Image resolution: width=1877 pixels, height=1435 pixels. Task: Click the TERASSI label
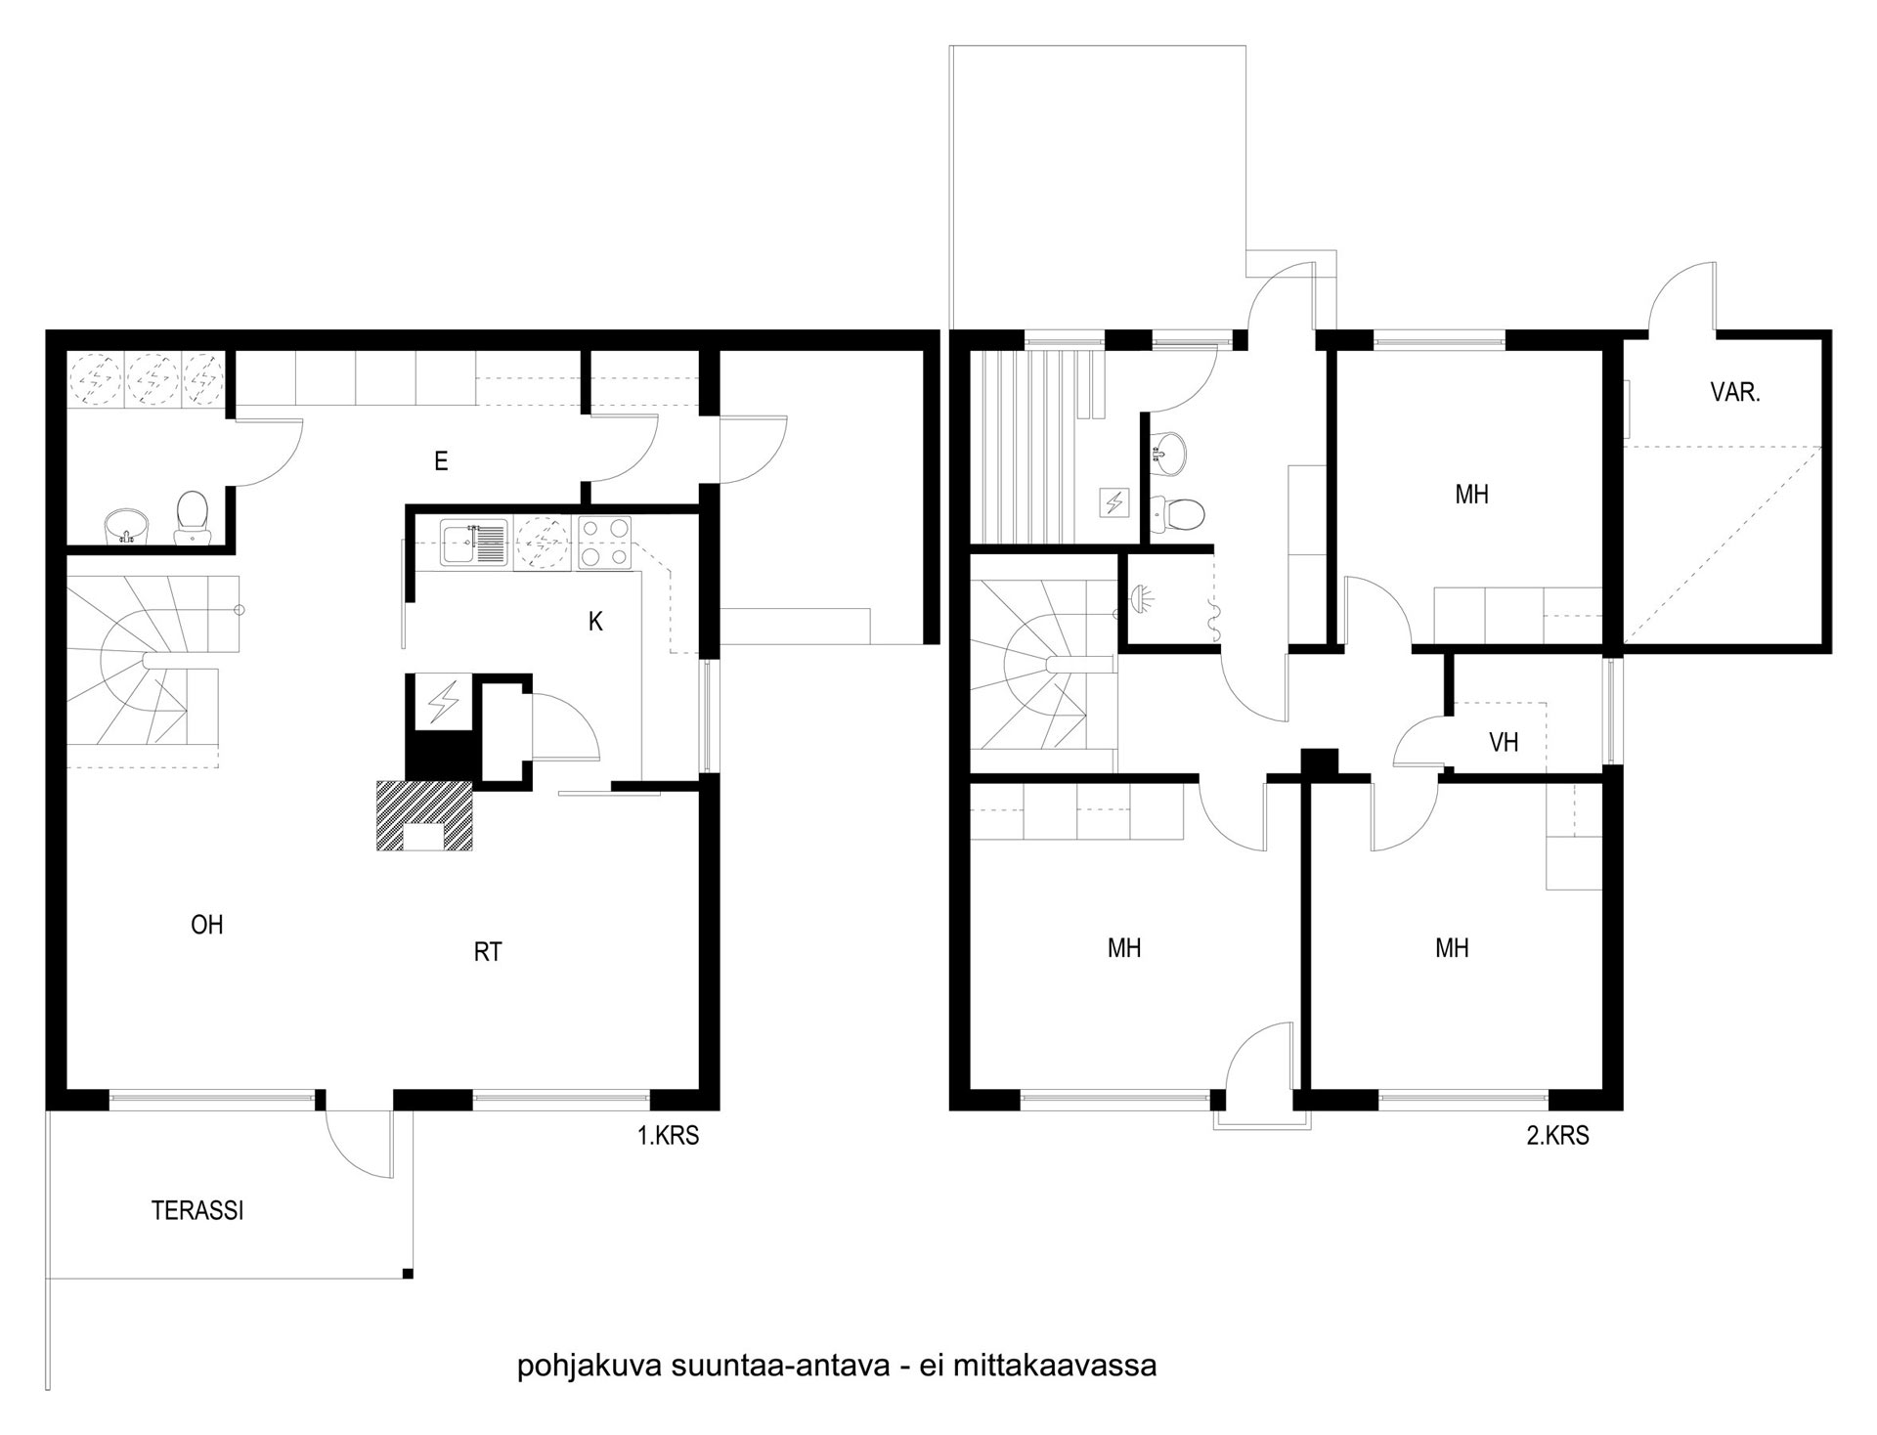coord(197,1210)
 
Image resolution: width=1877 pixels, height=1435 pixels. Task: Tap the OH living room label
coord(207,924)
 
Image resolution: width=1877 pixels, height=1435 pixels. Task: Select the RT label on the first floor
coord(488,952)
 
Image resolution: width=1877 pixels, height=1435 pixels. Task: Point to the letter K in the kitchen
coord(595,622)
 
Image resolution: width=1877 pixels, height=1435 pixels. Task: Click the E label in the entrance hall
coord(441,461)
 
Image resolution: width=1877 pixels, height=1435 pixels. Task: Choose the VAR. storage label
coord(1735,393)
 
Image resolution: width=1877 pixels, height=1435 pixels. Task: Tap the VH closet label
coord(1504,743)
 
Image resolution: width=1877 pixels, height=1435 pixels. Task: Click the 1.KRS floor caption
coord(669,1136)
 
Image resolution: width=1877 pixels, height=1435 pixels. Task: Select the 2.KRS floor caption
coord(1558,1136)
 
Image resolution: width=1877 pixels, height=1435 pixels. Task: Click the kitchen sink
coord(473,544)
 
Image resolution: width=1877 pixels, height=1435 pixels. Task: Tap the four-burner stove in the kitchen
coord(606,544)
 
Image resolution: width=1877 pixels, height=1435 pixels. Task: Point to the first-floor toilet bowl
coord(191,517)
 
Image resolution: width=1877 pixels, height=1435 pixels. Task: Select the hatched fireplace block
coord(424,814)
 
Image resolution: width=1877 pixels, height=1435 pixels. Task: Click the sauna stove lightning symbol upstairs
coord(1114,501)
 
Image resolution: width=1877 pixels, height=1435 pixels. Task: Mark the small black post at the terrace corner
coord(408,1273)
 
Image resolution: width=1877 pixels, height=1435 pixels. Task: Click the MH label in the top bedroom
coord(1471,495)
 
